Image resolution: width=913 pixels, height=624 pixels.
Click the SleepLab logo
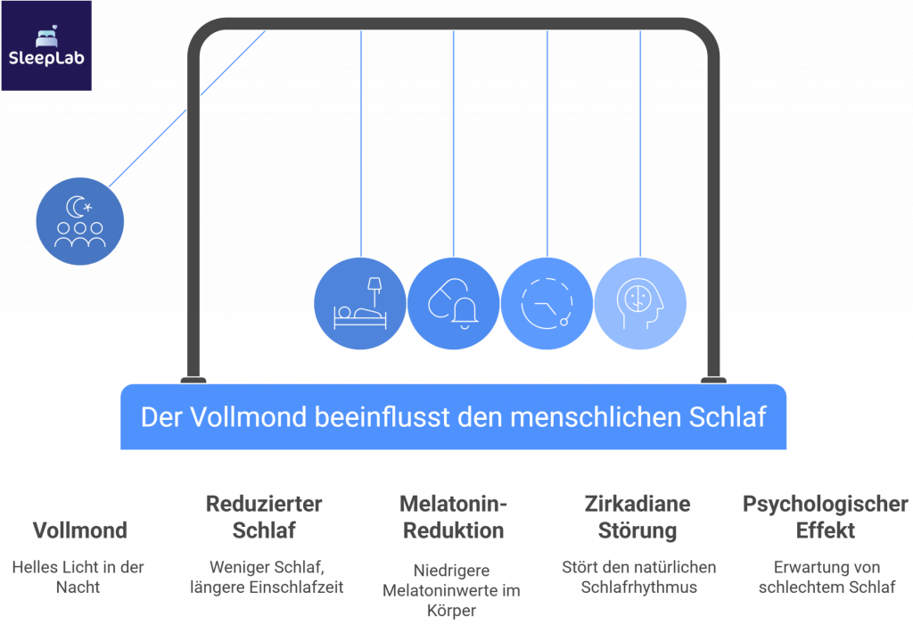coord(45,45)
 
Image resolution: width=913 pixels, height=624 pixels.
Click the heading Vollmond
coord(78,530)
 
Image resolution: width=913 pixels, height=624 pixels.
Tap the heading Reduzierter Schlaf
coord(263,517)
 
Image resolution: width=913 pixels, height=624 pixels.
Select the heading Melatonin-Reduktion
coord(453,517)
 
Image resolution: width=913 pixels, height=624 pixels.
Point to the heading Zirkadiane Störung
coord(638,517)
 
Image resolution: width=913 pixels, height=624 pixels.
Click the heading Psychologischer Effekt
coord(826,517)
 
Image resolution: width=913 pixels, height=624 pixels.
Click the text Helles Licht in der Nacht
coord(78,576)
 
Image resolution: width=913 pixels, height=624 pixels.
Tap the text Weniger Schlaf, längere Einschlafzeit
coord(265,576)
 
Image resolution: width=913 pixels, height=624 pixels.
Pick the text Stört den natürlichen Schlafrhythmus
coord(638,576)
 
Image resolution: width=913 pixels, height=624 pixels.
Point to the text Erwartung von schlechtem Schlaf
coord(826,576)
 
